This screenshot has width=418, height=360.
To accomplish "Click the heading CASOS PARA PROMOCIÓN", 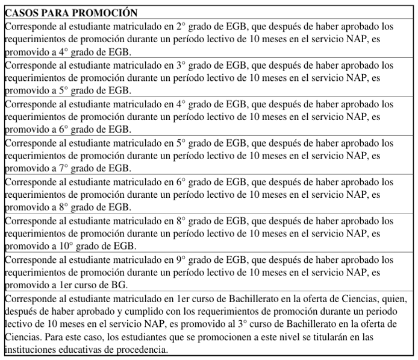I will pos(70,13).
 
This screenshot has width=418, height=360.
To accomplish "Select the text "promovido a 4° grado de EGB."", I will pos(67,52).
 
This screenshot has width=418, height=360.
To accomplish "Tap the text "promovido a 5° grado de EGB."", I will pos(67,91).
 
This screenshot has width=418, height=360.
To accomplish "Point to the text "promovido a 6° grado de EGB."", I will pos(67,130).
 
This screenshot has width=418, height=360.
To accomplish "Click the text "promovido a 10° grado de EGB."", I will pos(70,246).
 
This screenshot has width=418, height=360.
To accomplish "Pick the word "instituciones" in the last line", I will pos(30,350).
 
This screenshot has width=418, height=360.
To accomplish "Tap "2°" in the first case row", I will pos(180,27).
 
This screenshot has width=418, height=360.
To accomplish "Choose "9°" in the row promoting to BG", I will pos(180,260).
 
